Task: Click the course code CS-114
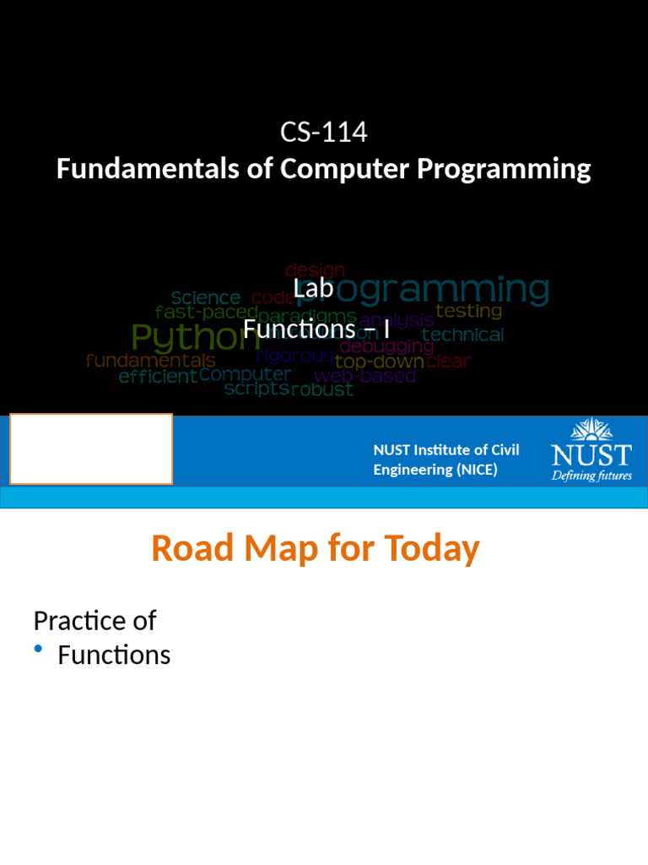coord(324,133)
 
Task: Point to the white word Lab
coord(314,289)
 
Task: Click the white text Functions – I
coord(316,328)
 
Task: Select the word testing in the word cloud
coord(468,312)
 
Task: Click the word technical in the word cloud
coord(462,335)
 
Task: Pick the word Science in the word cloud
coord(206,298)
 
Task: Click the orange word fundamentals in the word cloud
coord(151,361)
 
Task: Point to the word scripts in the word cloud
coord(256,390)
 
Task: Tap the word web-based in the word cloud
coord(364,377)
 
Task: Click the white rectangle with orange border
coord(91,449)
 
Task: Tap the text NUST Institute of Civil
coord(445,450)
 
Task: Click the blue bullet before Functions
coord(39,649)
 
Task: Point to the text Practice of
coord(94,621)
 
